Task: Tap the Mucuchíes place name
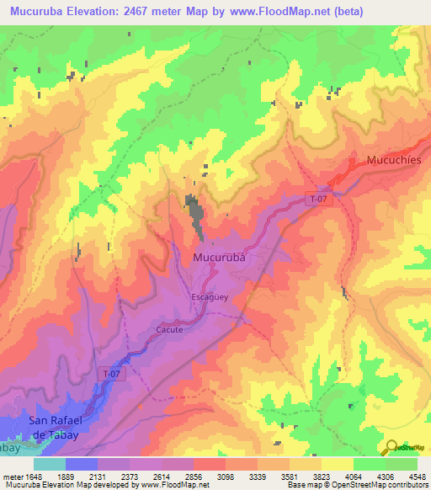[x=397, y=160]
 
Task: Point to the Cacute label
[x=169, y=330]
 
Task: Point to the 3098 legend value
[x=224, y=476]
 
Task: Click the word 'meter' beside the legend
[x=11, y=476]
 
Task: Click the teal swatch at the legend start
[x=50, y=464]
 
